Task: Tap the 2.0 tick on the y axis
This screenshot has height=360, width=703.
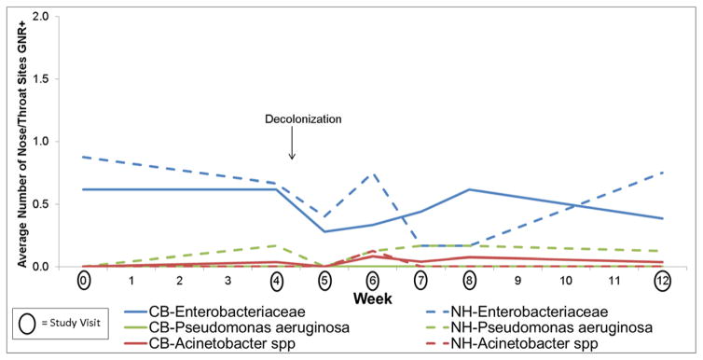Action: tap(55, 17)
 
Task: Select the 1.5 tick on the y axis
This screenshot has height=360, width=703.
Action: tap(55, 79)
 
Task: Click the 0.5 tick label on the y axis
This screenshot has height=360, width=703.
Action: tap(55, 204)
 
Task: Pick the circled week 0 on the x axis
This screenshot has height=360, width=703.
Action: tap(84, 280)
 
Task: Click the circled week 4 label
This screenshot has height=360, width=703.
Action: tap(276, 280)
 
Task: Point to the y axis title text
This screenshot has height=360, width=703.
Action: tap(20, 140)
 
